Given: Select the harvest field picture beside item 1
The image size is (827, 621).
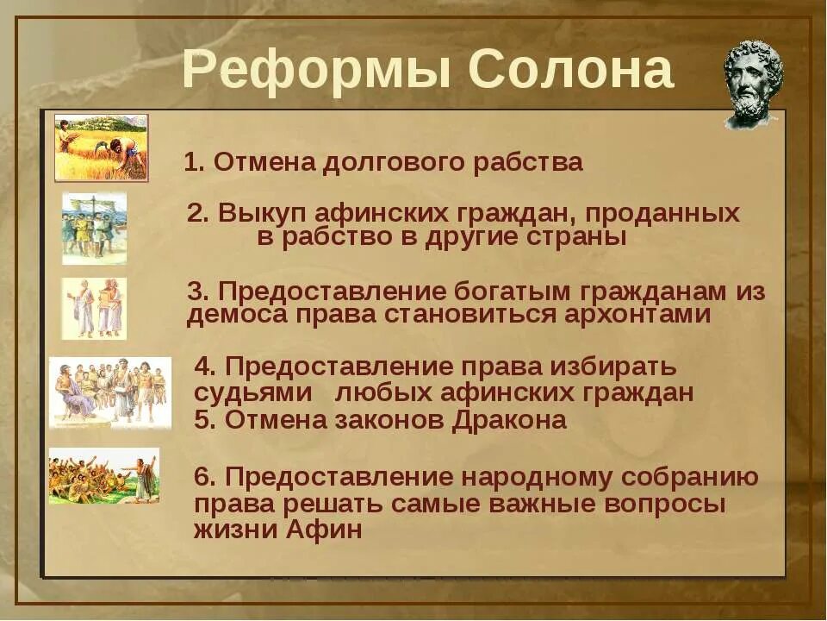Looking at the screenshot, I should click(x=101, y=147).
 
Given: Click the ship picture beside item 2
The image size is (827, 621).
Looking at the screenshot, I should click(x=95, y=228).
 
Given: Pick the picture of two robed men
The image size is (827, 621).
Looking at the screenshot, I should click(x=94, y=308).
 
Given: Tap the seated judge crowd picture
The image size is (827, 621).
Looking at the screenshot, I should click(x=109, y=392).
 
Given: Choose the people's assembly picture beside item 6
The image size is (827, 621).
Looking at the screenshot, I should click(x=103, y=475).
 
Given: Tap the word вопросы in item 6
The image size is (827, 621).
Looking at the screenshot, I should click(x=664, y=503).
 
